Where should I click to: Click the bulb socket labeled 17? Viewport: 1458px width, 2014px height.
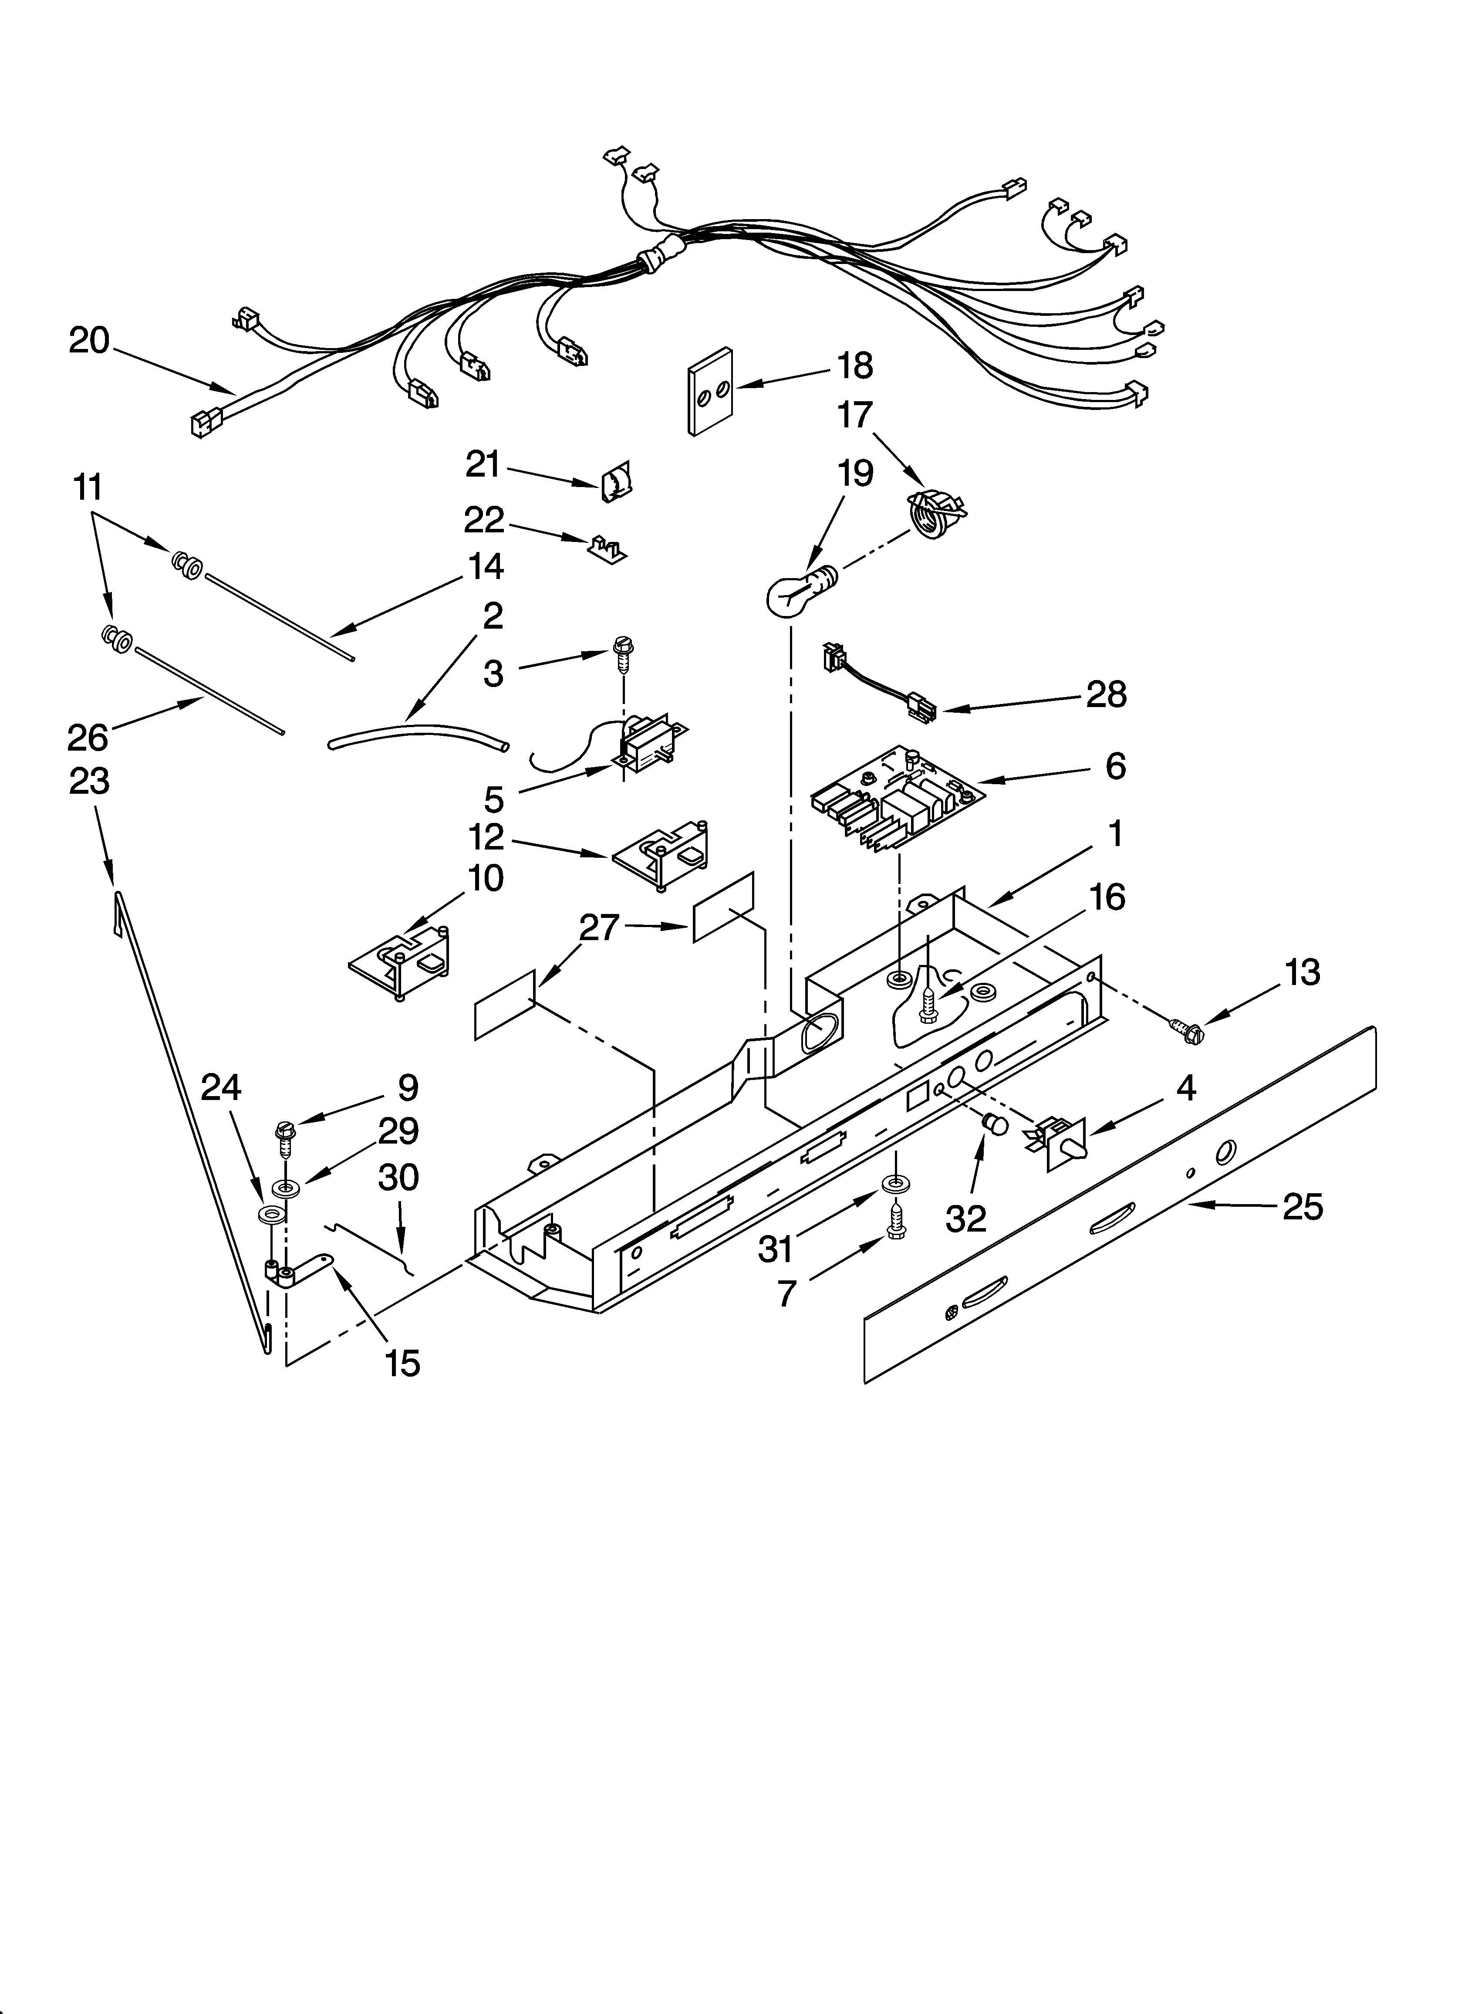coord(934,513)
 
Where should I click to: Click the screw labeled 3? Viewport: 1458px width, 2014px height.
coord(621,654)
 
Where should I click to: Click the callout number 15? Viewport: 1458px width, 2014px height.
coord(402,1363)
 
